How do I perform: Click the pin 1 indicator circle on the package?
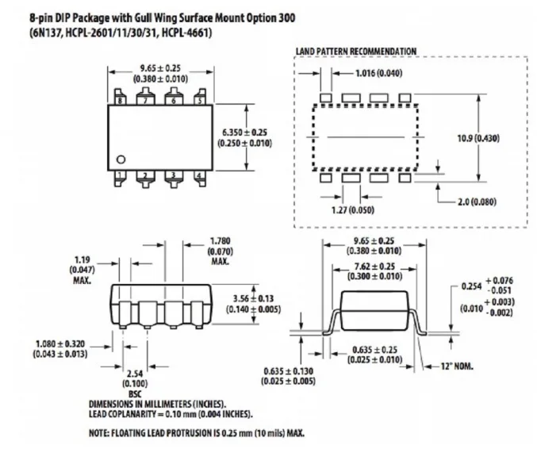(121, 159)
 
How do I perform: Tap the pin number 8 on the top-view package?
(120, 101)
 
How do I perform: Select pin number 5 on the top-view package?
(200, 101)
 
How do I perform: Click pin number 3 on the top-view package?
(173, 175)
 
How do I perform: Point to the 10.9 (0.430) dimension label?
(478, 138)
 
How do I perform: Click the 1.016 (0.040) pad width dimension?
(379, 73)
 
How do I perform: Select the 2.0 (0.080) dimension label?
(477, 202)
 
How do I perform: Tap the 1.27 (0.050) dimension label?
(353, 209)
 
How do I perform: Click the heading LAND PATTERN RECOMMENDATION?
(356, 52)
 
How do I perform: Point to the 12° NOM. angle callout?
(457, 367)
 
